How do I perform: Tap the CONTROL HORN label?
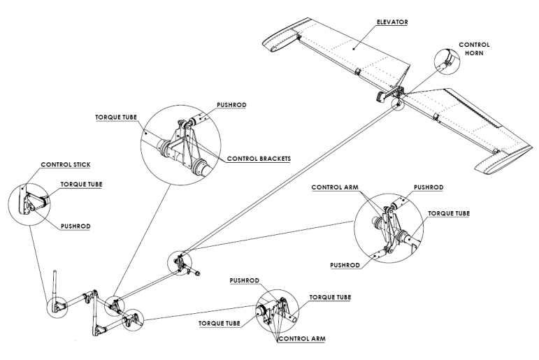(x=474, y=48)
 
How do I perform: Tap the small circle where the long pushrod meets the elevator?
(x=398, y=104)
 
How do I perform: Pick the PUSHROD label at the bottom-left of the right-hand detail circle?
(x=346, y=266)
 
